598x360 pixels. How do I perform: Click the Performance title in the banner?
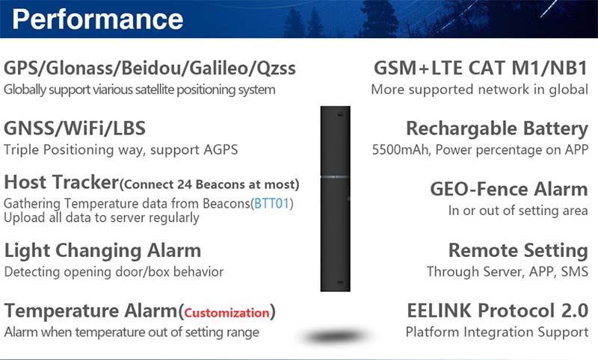pyautogui.click(x=98, y=19)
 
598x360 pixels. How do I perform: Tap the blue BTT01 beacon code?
pyautogui.click(x=271, y=203)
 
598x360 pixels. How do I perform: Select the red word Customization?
pyautogui.click(x=227, y=313)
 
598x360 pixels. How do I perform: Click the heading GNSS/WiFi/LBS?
pyautogui.click(x=75, y=128)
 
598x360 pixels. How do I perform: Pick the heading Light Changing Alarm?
pyautogui.click(x=102, y=251)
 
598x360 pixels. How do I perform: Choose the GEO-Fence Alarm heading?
pyautogui.click(x=509, y=189)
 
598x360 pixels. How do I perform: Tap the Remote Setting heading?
pyautogui.click(x=518, y=250)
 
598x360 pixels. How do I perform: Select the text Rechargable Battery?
pyautogui.click(x=497, y=128)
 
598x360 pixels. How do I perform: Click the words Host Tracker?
pyautogui.click(x=61, y=182)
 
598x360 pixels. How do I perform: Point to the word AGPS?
pyautogui.click(x=221, y=149)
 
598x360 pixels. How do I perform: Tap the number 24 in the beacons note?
pyautogui.click(x=184, y=184)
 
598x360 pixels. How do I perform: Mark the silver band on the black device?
pyautogui.click(x=335, y=177)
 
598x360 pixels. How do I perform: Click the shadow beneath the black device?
pyautogui.click(x=334, y=336)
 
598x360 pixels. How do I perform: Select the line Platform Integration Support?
pyautogui.click(x=497, y=332)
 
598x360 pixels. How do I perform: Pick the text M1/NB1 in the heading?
pyautogui.click(x=549, y=68)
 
